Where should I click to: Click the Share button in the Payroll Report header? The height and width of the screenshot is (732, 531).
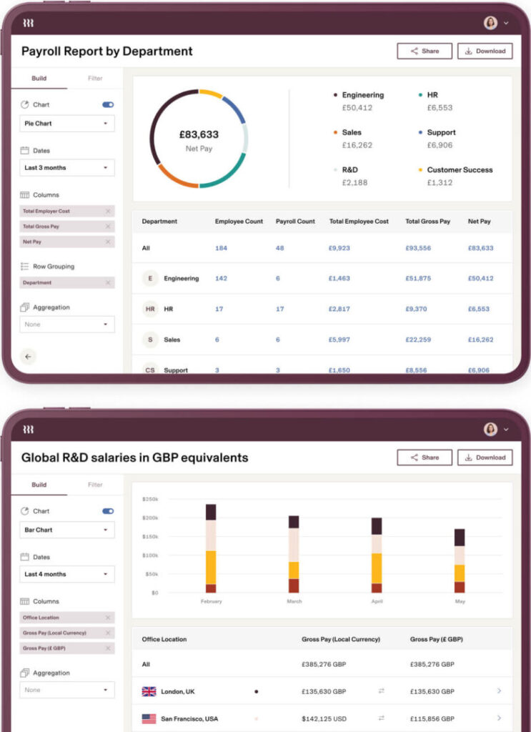(425, 51)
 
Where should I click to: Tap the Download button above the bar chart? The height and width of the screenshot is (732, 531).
(485, 457)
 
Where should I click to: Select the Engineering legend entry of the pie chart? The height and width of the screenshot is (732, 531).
(362, 95)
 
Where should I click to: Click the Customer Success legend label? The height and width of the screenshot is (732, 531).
(460, 170)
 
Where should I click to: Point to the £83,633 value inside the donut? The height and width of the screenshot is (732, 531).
(199, 134)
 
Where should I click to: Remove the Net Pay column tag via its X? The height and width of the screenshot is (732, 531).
(108, 242)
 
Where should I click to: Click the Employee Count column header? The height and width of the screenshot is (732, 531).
(239, 222)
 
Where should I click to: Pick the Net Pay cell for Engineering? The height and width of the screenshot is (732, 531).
(480, 278)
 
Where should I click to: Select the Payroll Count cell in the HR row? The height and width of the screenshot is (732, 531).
(279, 309)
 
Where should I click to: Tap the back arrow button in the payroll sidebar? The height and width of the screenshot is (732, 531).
(28, 356)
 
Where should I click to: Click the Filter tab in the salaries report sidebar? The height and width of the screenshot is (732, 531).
(95, 485)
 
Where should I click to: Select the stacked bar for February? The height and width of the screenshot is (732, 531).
(211, 549)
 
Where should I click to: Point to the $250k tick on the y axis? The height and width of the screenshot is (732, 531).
(149, 499)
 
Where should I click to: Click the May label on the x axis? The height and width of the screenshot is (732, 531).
(460, 602)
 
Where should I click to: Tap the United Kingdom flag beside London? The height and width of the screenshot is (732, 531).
(149, 691)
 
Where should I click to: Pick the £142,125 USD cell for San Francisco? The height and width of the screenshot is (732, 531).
(324, 718)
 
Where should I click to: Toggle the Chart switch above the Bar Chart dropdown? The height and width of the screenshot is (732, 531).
(108, 511)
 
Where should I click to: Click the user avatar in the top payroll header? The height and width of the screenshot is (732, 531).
(490, 23)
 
